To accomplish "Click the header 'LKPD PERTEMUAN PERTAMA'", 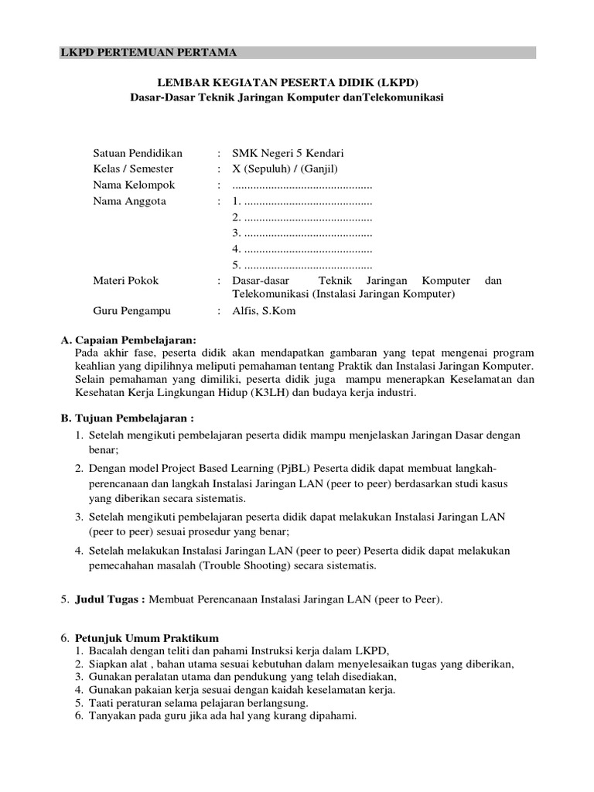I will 149,53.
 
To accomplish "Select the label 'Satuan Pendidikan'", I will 138,153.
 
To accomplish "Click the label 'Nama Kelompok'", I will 134,185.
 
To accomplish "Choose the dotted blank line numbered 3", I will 302,233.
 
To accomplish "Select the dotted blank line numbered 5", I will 302,265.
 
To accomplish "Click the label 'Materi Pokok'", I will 125,281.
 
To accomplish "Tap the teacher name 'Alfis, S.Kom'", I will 264,311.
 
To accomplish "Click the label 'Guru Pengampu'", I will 131,311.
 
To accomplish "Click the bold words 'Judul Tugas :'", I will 110,599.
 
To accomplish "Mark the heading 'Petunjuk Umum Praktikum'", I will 147,638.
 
